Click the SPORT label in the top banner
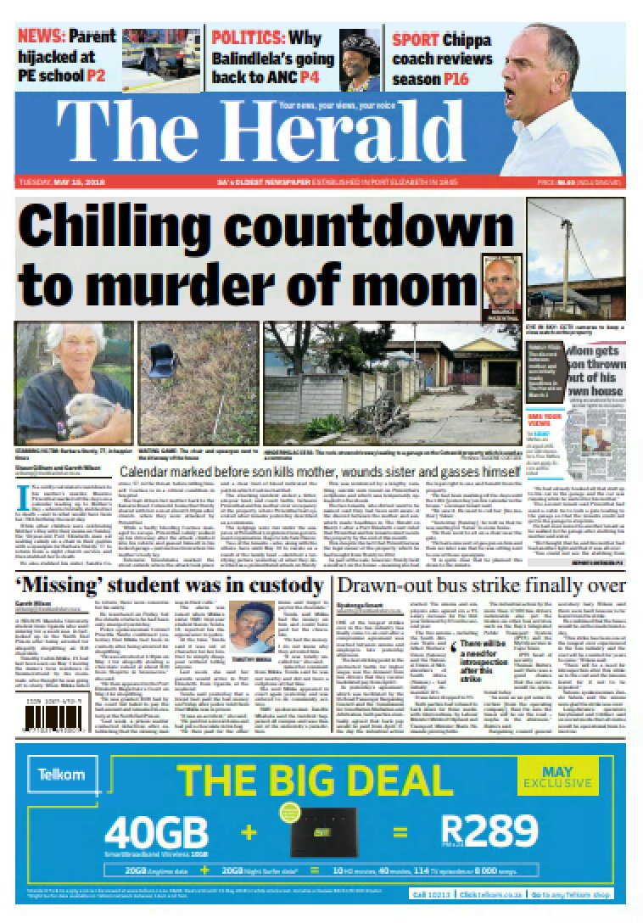coord(414,38)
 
